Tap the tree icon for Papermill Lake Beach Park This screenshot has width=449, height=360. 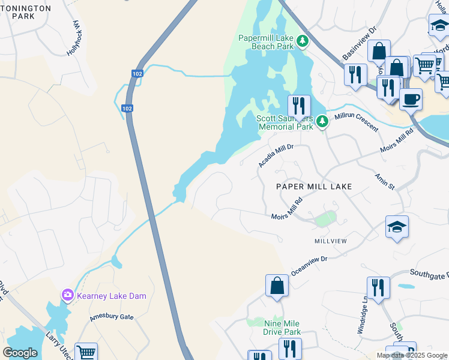pos(303,41)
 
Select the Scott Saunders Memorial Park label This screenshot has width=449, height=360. pos(285,122)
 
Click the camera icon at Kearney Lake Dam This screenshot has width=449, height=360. pos(67,295)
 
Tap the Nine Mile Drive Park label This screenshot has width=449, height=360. pos(274,328)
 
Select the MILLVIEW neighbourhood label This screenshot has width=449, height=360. pos(331,241)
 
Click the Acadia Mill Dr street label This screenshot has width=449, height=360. pos(276,155)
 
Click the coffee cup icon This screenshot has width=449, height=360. pos(411,98)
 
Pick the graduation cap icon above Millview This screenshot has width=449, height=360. pos(397,226)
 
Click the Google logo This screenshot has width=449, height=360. pos(20,353)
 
